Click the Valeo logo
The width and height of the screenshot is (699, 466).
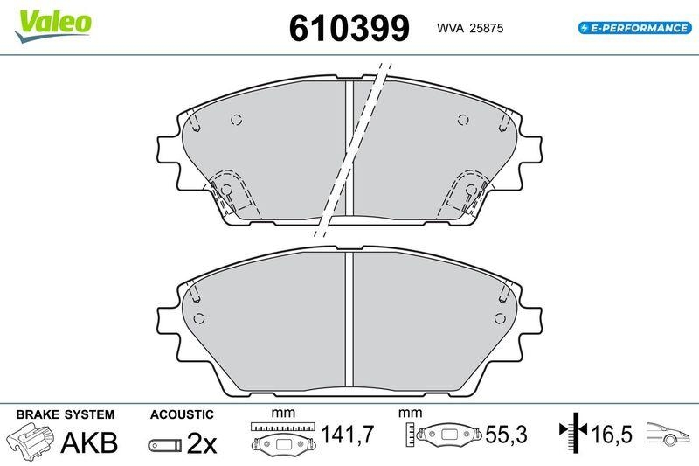click(52, 26)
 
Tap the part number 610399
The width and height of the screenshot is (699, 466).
click(349, 28)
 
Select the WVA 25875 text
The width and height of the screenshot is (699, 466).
click(470, 28)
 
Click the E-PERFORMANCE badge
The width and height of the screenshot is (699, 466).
click(635, 28)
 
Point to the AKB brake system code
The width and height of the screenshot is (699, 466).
click(89, 442)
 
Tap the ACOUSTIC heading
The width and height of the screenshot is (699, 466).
click(182, 414)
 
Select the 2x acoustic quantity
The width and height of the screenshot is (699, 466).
click(202, 442)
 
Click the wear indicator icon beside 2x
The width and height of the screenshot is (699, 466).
click(165, 445)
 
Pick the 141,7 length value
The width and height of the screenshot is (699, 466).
click(347, 435)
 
